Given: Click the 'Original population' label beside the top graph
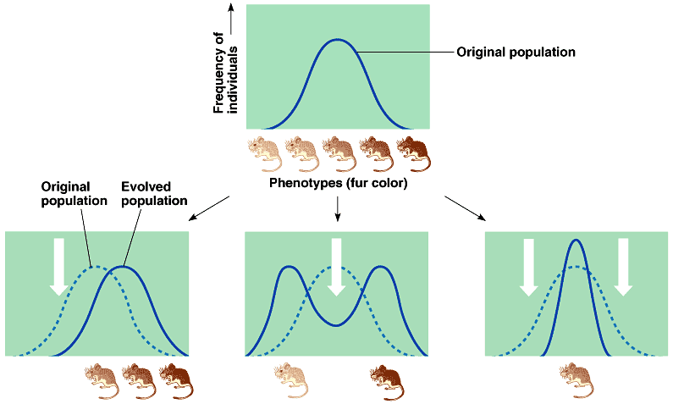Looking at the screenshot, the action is [516, 52].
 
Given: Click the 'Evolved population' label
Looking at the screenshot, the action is [155, 194].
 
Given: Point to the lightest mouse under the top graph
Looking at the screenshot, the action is [264, 153].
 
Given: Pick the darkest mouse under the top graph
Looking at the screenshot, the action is [413, 153].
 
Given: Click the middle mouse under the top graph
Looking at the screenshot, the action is [339, 153].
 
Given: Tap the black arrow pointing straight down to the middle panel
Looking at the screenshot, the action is [338, 208].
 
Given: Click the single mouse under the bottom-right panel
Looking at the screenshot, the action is [577, 381].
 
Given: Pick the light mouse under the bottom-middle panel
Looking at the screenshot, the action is [290, 381].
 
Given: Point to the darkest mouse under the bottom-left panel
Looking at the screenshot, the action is [175, 381].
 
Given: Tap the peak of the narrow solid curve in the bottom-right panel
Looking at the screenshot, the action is [576, 241].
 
